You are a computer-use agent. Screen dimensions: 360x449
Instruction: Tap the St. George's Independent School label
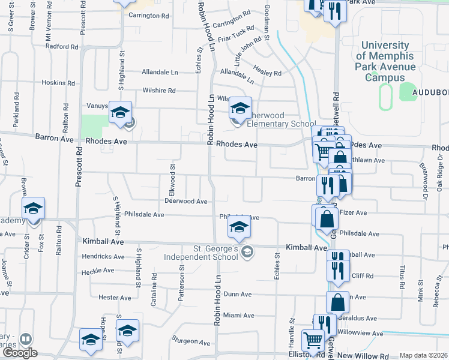[207, 253]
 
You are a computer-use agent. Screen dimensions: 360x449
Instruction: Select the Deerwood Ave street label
[186, 202]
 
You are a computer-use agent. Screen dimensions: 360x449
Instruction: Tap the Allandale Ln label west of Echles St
[160, 72]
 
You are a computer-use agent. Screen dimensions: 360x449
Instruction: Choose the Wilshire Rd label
[158, 91]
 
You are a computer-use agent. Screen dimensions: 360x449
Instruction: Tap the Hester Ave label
[115, 298]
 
